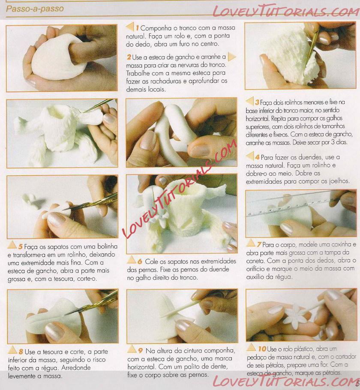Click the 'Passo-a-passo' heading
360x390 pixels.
[35, 9]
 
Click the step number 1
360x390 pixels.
[137, 28]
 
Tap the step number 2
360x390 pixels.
[129, 57]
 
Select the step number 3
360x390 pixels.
[257, 102]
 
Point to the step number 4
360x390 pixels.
[257, 157]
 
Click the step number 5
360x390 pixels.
[21, 247]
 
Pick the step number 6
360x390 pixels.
[140, 261]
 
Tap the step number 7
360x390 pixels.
[259, 245]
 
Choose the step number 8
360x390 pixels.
[21, 352]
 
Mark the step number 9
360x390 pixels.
[140, 351]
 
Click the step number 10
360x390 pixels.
[262, 349]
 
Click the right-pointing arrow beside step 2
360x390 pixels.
[231, 57]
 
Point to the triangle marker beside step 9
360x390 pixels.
[132, 349]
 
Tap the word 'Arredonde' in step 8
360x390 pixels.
[76, 368]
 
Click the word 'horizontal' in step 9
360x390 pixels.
[141, 367]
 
